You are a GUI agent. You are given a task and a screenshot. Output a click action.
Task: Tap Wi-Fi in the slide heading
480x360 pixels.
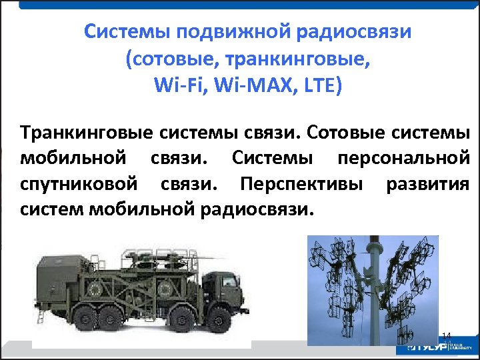pos(172,86)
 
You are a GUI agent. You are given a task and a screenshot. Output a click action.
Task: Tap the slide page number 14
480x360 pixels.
pos(447,335)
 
